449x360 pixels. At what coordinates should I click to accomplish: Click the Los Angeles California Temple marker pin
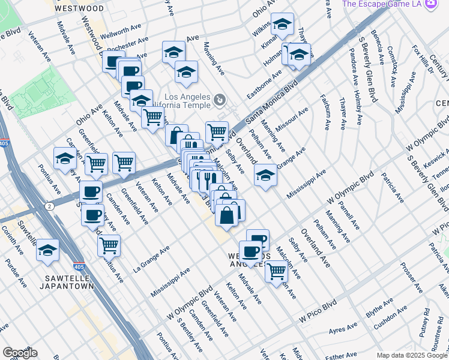pos(220,99)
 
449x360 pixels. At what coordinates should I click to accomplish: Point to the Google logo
pos(20,352)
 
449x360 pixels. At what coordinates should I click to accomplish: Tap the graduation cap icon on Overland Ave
pos(265,175)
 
